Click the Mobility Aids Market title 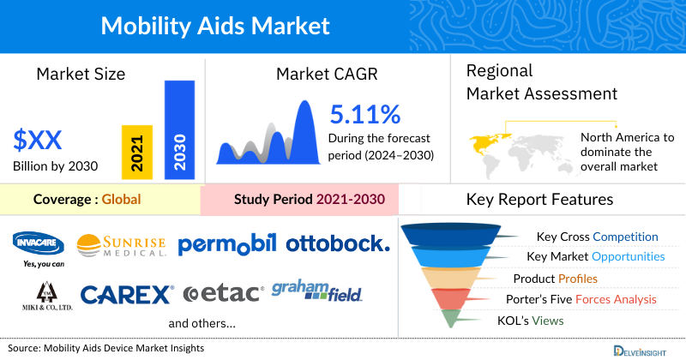point(214,26)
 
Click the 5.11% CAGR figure point(365,114)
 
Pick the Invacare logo point(39,243)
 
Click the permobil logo point(227,244)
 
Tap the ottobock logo point(337,244)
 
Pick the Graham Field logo point(316,291)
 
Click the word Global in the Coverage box point(121,200)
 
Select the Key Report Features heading point(539,200)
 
